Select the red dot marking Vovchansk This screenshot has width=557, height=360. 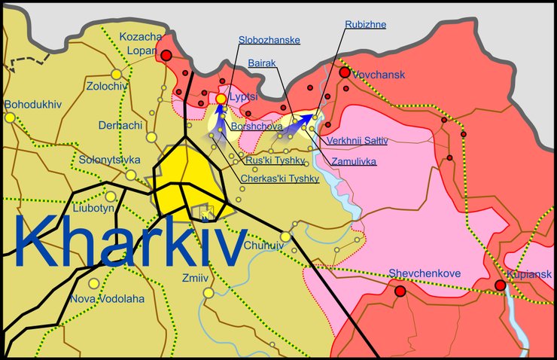point(345,73)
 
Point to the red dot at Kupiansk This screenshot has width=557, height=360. point(500,285)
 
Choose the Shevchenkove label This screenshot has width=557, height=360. point(424,274)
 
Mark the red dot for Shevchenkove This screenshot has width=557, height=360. point(400,291)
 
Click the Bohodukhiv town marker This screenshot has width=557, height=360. point(10,117)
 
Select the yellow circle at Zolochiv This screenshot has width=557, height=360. point(117,74)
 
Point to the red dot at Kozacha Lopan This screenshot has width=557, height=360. point(166,55)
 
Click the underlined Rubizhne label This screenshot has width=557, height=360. point(366,25)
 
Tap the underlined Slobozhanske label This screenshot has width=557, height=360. point(269,39)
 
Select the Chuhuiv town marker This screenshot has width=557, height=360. point(286,236)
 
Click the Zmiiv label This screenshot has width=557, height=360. point(194,278)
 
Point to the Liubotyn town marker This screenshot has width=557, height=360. point(111,197)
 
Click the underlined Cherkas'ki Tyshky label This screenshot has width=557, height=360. point(279,179)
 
